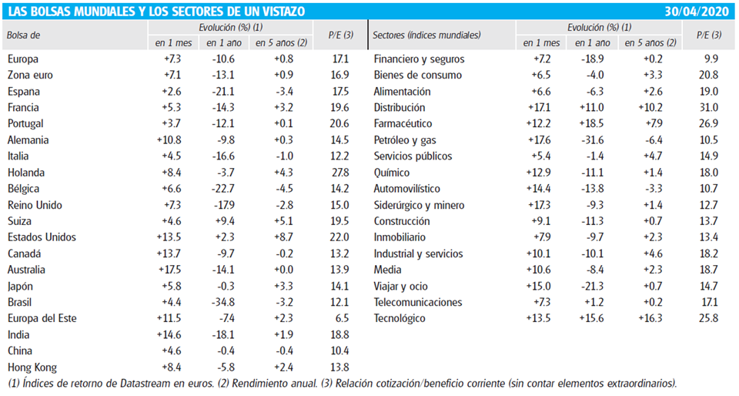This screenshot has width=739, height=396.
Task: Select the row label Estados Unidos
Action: tap(37, 237)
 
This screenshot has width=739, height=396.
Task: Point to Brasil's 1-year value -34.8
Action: tap(222, 302)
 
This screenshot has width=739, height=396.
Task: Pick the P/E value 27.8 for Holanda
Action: tap(339, 173)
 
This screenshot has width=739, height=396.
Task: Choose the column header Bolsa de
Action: tap(24, 35)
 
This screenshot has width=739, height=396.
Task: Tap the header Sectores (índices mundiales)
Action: tap(426, 35)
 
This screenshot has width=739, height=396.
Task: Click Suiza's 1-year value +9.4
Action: tap(222, 221)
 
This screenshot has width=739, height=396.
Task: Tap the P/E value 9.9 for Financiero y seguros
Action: tap(711, 59)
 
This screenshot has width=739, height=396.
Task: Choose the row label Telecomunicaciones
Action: tap(418, 302)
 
